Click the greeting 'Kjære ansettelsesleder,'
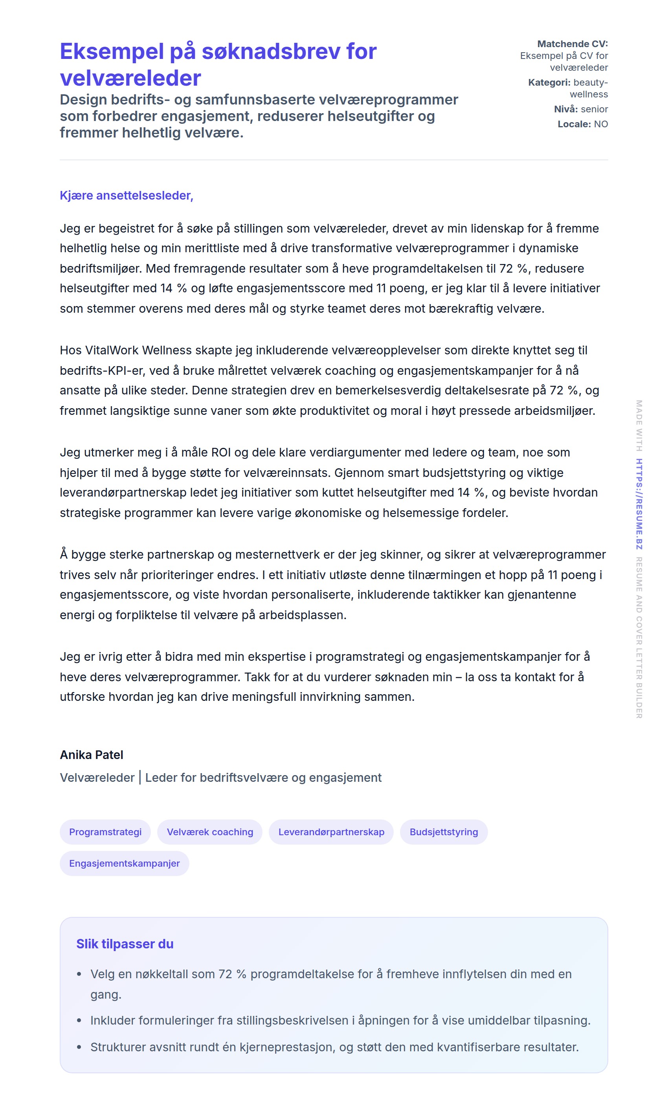click(x=127, y=195)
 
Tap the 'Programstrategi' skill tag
click(x=105, y=832)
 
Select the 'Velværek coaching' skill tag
click(x=210, y=832)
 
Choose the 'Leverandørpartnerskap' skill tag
click(x=331, y=832)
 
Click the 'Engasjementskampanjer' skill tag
click(x=124, y=863)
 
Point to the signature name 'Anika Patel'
click(x=92, y=755)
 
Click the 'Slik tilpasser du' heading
click(x=125, y=944)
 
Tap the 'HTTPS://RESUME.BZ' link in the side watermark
click(x=639, y=504)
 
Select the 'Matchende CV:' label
click(x=572, y=44)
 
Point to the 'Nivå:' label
click(x=566, y=109)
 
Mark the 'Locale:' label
click(x=574, y=124)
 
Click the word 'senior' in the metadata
click(x=594, y=109)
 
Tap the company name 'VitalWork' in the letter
click(x=112, y=350)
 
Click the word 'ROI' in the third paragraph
click(x=221, y=452)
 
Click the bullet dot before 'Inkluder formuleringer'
click(x=79, y=1020)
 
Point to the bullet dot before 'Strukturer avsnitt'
click(x=79, y=1047)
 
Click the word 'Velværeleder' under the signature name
click(x=97, y=777)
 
